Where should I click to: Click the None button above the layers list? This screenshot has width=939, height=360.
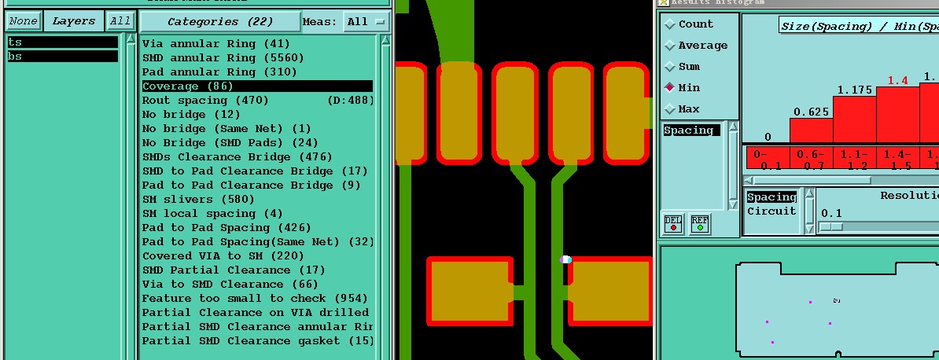(22, 21)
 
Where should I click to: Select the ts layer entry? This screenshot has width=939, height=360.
(62, 42)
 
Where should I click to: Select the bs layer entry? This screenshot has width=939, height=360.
(62, 57)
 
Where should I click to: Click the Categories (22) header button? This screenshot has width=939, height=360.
(219, 21)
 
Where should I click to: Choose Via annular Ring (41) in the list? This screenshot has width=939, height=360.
(216, 44)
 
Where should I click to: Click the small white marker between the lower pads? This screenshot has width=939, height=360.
(565, 259)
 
